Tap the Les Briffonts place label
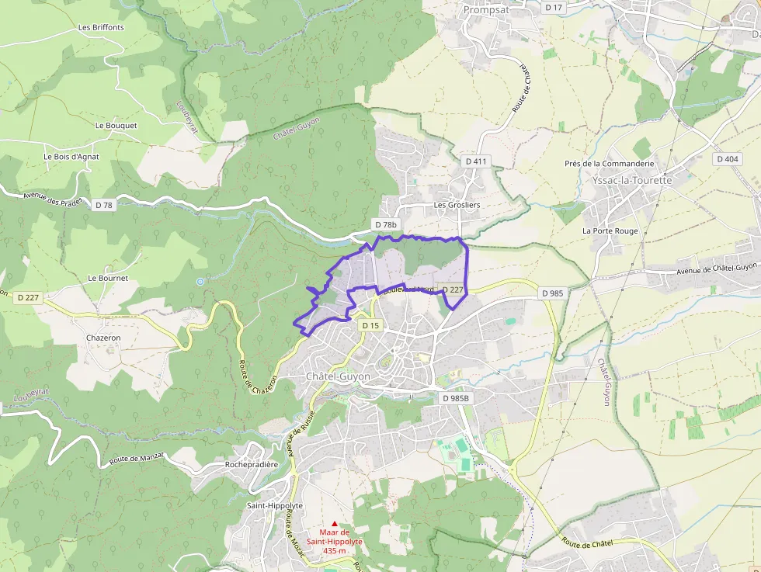[x=101, y=27]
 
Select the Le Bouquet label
[x=116, y=125]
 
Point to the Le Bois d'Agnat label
[x=71, y=156]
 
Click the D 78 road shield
[x=103, y=205]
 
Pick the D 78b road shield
[x=386, y=225]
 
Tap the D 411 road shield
[x=475, y=161]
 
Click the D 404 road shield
[x=728, y=159]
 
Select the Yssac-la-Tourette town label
[x=631, y=179]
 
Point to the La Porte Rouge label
[x=610, y=231]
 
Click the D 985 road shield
[x=551, y=293]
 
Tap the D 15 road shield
[x=370, y=326]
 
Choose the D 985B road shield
[x=456, y=398]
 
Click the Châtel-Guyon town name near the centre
[x=338, y=376]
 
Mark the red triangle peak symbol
[x=335, y=524]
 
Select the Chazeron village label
[x=103, y=338]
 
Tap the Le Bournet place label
[x=108, y=278]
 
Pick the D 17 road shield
[x=553, y=7]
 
